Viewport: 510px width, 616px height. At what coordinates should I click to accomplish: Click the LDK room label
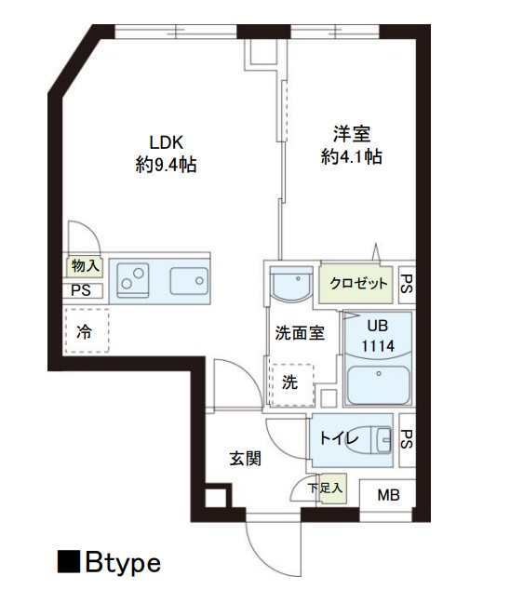[167, 142]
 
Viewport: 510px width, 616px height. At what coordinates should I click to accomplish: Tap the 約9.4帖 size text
[166, 165]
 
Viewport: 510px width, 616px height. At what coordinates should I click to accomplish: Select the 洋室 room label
[352, 134]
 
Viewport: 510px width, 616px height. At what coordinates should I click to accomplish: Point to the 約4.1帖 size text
[352, 156]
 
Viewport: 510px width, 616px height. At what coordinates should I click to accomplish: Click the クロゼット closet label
[358, 283]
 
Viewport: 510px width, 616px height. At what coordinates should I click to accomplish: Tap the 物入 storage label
[85, 266]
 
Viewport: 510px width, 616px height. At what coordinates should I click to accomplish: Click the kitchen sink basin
[189, 281]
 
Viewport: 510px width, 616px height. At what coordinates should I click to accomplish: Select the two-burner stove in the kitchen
[133, 280]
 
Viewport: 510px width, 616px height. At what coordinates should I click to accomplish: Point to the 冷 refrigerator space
[87, 330]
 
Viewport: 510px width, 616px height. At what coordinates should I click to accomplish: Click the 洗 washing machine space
[292, 384]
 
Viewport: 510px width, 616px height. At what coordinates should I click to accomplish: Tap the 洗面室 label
[300, 333]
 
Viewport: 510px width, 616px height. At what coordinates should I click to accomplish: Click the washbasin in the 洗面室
[291, 284]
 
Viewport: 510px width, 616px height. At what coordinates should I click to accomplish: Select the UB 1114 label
[378, 336]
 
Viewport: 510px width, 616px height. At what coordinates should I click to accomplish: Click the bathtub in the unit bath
[379, 385]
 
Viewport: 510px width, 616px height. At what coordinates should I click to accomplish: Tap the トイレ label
[339, 438]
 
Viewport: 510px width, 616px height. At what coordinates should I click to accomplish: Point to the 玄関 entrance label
[245, 458]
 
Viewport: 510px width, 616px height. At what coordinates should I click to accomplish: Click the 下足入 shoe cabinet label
[326, 489]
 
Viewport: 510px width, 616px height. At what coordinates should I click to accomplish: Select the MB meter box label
[388, 495]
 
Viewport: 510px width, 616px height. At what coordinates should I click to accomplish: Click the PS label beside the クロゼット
[407, 284]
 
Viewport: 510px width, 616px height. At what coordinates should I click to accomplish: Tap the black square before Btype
[69, 562]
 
